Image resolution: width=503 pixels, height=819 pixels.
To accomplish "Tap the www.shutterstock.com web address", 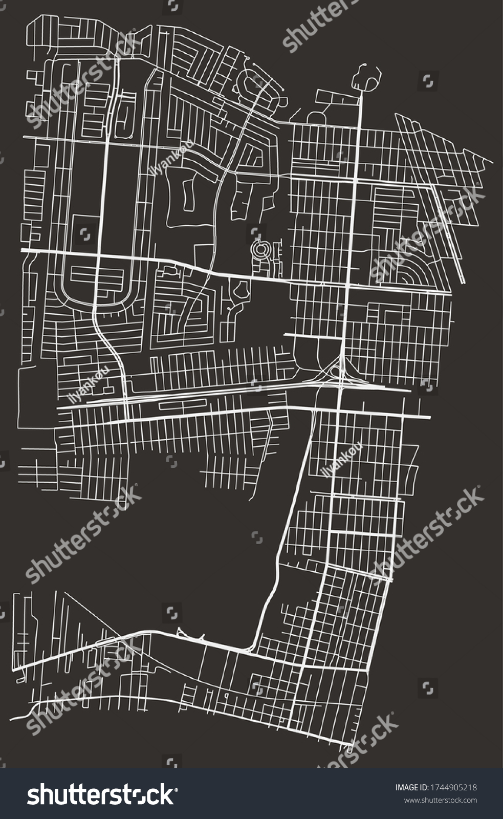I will [440, 800].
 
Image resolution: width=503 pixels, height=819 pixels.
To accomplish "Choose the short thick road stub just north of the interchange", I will [312, 335].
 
